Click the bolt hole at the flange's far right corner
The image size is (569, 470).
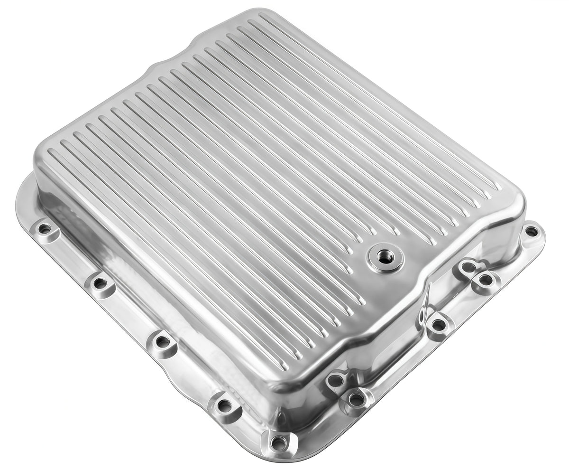tap(532, 232)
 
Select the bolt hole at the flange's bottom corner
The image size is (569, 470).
tap(278, 443)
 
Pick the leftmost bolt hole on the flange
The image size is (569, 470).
tap(45, 229)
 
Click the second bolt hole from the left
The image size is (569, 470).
tap(100, 283)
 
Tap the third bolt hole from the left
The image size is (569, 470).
tap(162, 341)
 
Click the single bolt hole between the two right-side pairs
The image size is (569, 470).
tap(439, 325)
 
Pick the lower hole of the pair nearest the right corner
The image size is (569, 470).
tap(485, 280)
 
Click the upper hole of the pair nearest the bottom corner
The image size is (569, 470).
tap(335, 380)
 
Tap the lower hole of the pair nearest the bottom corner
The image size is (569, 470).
tap(356, 398)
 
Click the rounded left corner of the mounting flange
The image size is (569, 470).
tap(21, 199)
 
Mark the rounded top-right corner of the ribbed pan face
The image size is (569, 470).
tap(514, 199)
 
